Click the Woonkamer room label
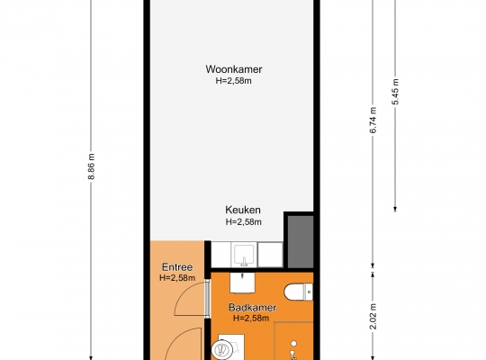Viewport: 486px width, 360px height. tap(234, 69)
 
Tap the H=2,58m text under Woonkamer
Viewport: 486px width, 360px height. tap(234, 81)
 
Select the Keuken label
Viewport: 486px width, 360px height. tap(243, 210)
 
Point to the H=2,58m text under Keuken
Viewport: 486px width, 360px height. tap(244, 222)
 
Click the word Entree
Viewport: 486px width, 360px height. tap(177, 267)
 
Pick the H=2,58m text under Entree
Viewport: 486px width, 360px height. tap(177, 278)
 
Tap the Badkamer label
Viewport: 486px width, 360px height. tap(252, 308)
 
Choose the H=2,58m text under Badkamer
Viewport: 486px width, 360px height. tap(251, 319)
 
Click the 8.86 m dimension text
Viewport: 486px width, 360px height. tap(92, 166)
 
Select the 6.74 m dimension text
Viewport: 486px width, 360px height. tap(373, 120)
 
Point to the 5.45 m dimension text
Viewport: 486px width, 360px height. tap(396, 92)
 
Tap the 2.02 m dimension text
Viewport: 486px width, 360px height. tap(373, 316)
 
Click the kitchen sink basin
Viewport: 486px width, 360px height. tap(244, 255)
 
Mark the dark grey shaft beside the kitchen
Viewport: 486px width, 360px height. tap(301, 241)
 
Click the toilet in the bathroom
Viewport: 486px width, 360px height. tap(299, 292)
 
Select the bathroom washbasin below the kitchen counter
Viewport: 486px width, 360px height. tap(242, 283)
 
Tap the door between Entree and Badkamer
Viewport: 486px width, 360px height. tap(207, 298)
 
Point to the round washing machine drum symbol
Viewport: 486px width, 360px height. tap(222, 350)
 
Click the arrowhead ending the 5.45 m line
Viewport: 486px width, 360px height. tap(395, 210)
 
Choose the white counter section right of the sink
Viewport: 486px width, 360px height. tap(270, 255)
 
